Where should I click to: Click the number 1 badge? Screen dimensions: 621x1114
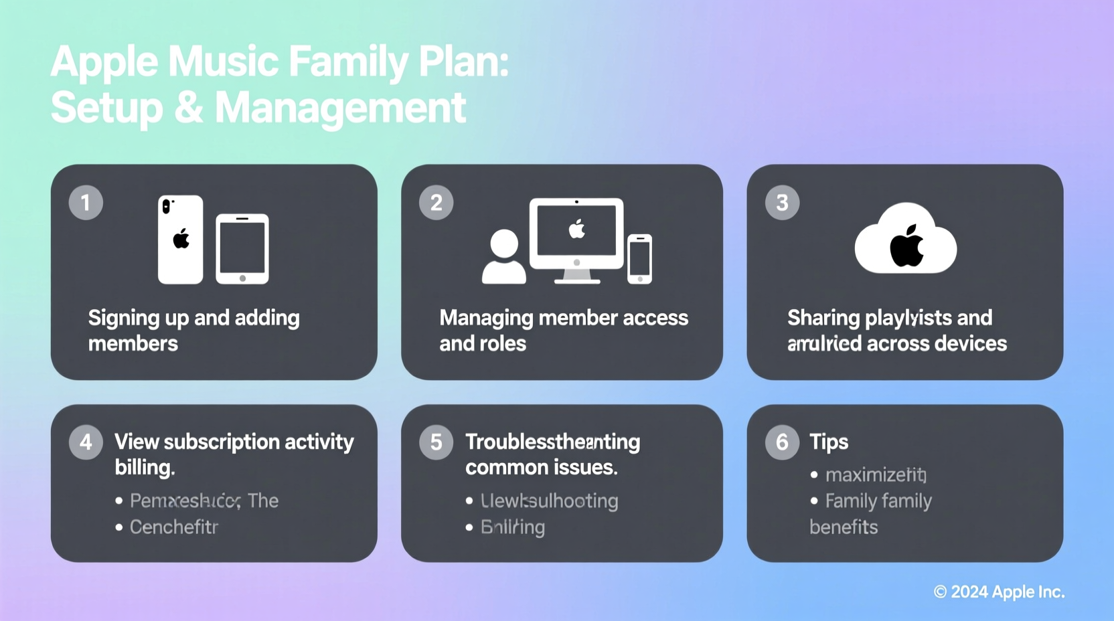(x=86, y=203)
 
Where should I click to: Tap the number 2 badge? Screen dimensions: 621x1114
(x=436, y=203)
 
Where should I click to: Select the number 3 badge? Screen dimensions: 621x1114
(x=782, y=203)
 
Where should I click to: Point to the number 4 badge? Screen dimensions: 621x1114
(x=86, y=442)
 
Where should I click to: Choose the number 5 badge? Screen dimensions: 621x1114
(x=436, y=442)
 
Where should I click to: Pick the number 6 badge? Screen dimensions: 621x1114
(x=782, y=442)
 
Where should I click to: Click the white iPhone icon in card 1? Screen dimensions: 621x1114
(x=180, y=240)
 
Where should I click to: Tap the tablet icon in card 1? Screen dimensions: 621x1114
(x=242, y=249)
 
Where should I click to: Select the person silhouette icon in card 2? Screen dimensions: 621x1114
(x=503, y=257)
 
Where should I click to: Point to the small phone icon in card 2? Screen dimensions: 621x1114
(x=639, y=259)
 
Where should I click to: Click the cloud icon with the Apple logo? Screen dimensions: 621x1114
(x=905, y=240)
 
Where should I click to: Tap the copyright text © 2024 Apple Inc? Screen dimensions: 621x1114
(x=999, y=592)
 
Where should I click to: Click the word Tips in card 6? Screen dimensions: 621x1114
(x=829, y=442)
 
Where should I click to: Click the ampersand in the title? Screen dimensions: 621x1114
(x=189, y=108)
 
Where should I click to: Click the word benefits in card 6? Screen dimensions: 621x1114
(x=844, y=527)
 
